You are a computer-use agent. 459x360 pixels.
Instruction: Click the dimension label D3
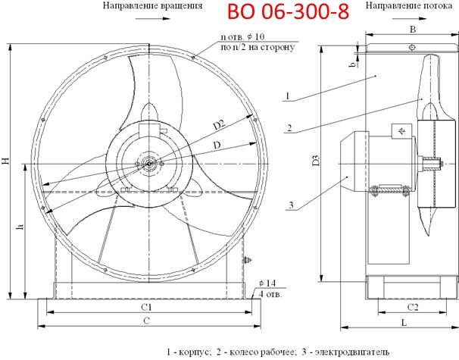(x=315, y=164)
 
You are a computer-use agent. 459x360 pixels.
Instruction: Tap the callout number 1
(x=289, y=96)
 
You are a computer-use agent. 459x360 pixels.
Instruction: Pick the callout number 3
(x=289, y=205)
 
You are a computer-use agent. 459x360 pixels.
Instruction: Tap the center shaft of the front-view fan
(x=150, y=161)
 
